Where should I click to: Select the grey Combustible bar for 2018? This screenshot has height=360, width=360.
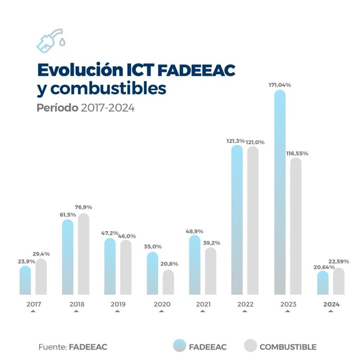pyautogui.click(x=83, y=254)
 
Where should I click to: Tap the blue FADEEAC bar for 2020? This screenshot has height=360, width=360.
pyautogui.click(x=153, y=273)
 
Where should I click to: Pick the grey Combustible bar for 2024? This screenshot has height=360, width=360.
pyautogui.click(x=339, y=281)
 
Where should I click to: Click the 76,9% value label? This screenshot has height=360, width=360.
pyautogui.click(x=84, y=207)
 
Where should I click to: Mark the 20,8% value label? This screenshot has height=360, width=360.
pyautogui.click(x=169, y=264)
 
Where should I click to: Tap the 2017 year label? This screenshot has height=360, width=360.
pyautogui.click(x=34, y=304)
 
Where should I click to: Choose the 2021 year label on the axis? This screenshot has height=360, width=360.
pyautogui.click(x=203, y=304)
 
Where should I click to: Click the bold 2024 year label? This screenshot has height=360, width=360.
pyautogui.click(x=331, y=304)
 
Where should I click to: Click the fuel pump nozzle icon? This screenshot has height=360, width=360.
pyautogui.click(x=50, y=40)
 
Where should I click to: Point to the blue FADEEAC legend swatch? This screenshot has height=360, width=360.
pyautogui.click(x=179, y=346)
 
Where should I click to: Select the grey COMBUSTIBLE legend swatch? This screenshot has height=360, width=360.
pyautogui.click(x=249, y=346)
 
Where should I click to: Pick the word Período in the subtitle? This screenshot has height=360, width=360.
pyautogui.click(x=57, y=108)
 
